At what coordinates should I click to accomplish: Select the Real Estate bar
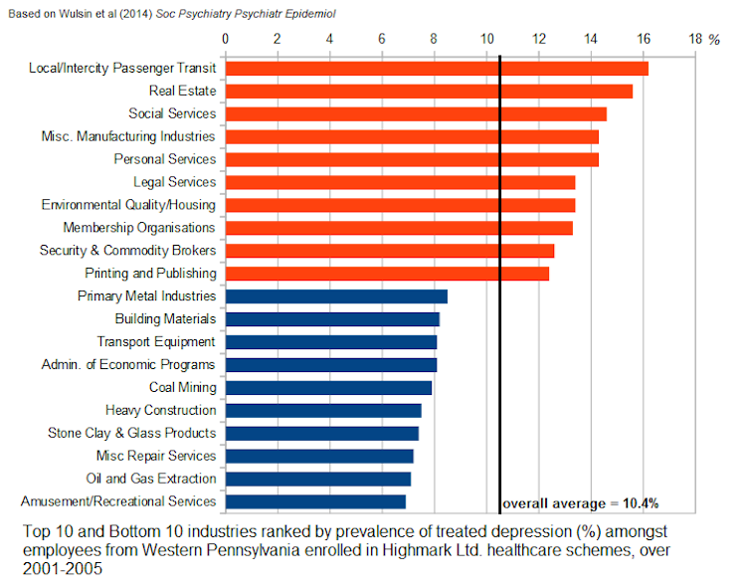tap(428, 92)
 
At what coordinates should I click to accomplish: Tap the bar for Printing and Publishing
tap(387, 274)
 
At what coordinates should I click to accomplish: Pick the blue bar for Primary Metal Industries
tap(336, 296)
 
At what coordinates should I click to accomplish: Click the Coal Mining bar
tap(328, 388)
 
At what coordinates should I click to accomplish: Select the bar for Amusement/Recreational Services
tap(315, 501)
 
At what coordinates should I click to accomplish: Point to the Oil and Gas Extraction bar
tap(318, 479)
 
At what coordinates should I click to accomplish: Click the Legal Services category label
tap(174, 182)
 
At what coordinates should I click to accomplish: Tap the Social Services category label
tap(171, 113)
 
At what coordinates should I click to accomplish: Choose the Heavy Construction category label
tap(160, 410)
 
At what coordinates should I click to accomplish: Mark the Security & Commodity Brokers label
tap(127, 251)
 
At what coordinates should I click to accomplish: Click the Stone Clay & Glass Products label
tap(131, 433)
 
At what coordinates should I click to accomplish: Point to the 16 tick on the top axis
tap(644, 39)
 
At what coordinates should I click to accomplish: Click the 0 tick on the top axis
tap(226, 39)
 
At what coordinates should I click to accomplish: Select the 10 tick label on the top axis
tap(486, 39)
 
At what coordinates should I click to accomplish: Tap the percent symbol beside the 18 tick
tap(713, 40)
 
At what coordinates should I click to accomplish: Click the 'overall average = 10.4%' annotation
tap(580, 502)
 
